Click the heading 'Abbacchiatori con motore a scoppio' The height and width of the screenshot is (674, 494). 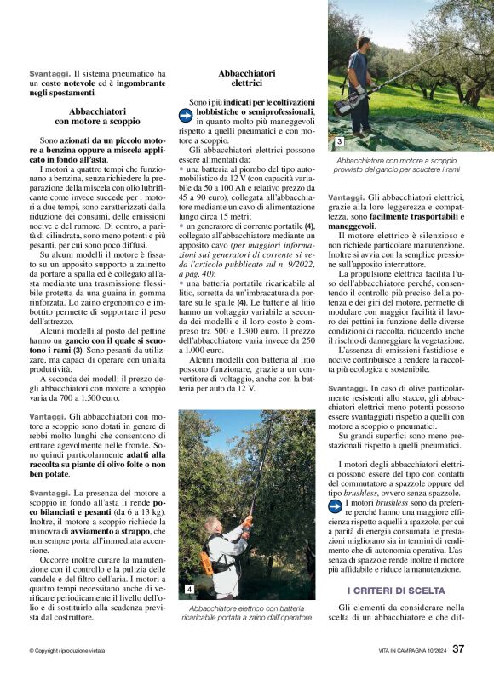coord(98,117)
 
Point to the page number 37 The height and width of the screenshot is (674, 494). coord(458,649)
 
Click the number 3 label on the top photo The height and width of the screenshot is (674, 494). coord(338,141)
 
